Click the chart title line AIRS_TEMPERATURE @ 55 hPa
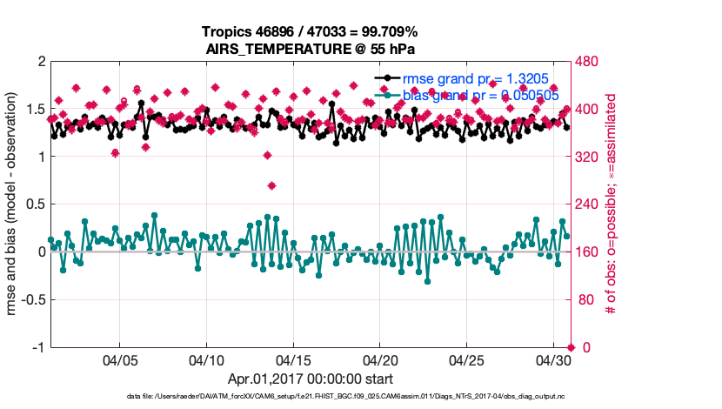coord(309,48)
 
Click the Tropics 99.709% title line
coord(309,31)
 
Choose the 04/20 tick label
coord(380,359)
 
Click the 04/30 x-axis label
coord(553,359)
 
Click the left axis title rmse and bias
coord(14,204)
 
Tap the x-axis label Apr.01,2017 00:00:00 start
coord(310,379)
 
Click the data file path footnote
coord(310,397)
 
